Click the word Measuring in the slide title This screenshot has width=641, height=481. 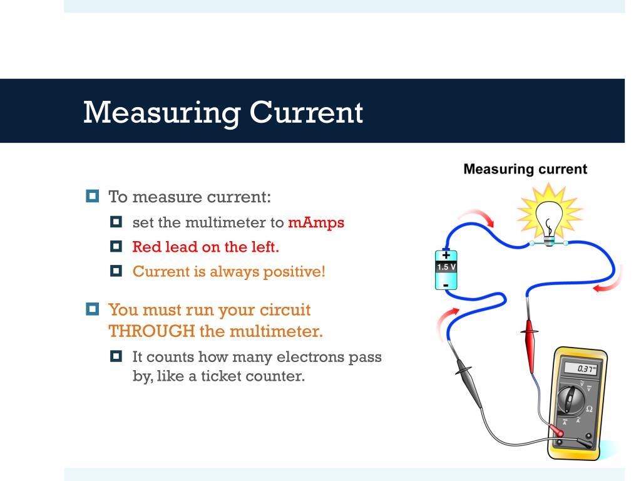point(160,113)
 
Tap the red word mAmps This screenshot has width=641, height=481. point(316,222)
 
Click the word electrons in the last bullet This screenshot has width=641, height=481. point(285,358)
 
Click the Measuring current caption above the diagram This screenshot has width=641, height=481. point(525,169)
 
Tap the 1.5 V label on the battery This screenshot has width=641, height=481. point(446,267)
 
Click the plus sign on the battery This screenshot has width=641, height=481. point(446,254)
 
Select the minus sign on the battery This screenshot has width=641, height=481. point(446,284)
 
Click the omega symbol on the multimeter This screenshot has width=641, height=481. point(589,408)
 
